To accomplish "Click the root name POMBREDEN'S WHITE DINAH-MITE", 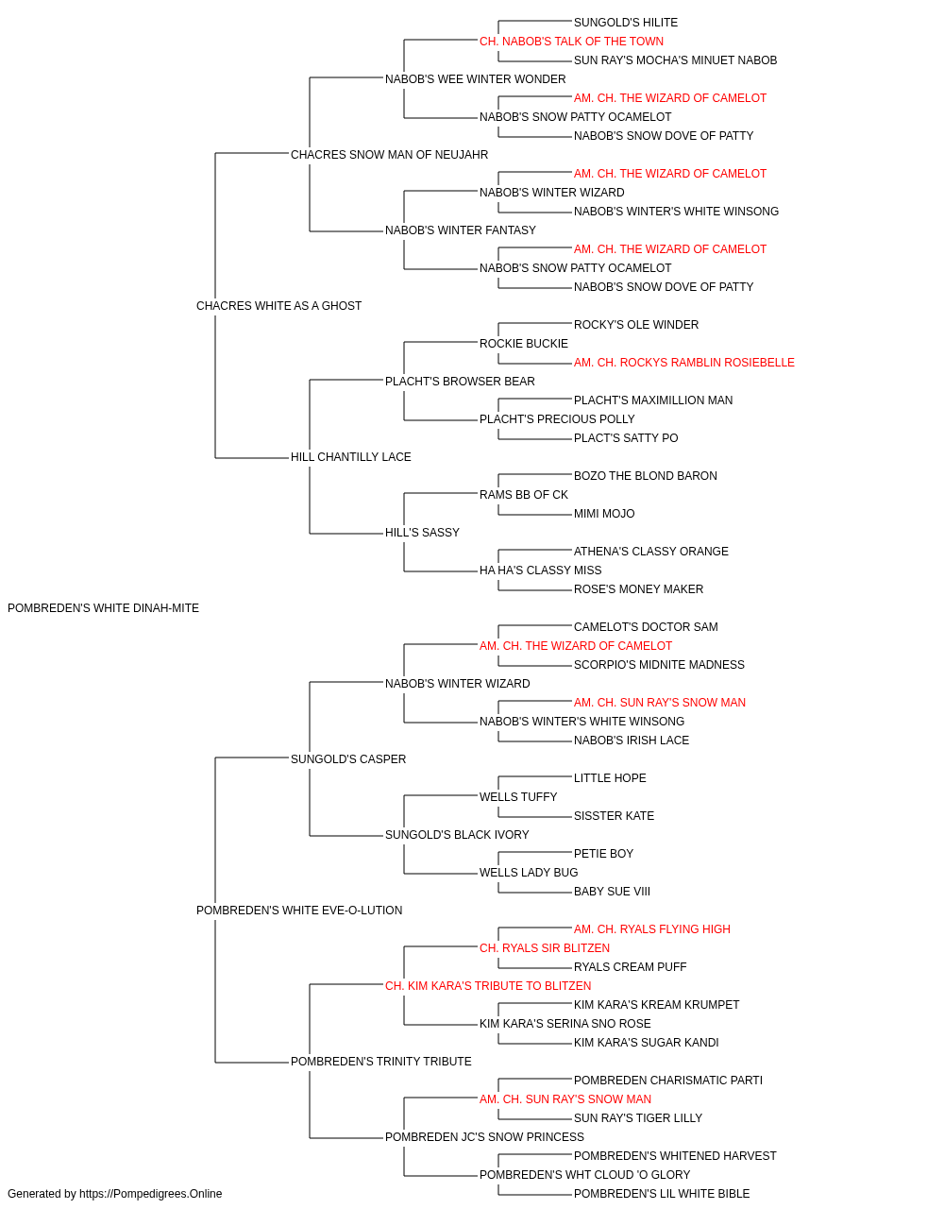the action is (x=103, y=608).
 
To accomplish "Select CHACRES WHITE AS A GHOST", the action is (x=278, y=305).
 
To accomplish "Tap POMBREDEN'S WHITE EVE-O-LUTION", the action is (x=299, y=911).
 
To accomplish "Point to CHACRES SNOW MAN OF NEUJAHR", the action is (x=389, y=155).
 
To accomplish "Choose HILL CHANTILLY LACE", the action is (x=351, y=457).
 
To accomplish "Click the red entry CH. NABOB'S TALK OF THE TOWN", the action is (x=571, y=42).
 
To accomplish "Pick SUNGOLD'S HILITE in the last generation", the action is (x=626, y=23).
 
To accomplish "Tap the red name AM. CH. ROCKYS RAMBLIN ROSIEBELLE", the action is (x=683, y=362).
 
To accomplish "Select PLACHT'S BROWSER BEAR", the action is (x=460, y=381).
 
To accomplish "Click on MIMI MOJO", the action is (x=604, y=514).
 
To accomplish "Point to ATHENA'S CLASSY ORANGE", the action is (x=651, y=552).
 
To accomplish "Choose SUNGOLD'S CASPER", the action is (x=348, y=758).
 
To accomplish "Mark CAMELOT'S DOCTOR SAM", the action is (x=646, y=627).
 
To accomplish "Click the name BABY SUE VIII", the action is (x=612, y=892).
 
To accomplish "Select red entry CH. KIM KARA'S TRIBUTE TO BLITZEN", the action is (x=488, y=986).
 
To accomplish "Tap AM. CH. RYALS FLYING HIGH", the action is (x=652, y=929).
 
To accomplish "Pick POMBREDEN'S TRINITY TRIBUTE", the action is (x=380, y=1062).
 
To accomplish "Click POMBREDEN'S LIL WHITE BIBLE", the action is (x=662, y=1194).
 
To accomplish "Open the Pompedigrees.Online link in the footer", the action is (x=150, y=1194).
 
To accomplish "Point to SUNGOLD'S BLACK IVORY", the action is (x=457, y=835).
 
